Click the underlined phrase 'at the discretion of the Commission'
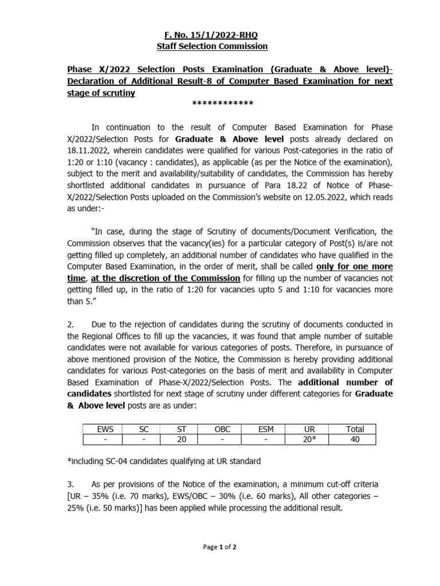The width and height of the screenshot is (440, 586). coord(166,278)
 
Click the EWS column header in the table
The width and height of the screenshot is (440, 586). coord(105,429)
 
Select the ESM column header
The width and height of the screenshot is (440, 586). coord(266,429)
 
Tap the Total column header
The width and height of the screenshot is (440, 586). coord(355,429)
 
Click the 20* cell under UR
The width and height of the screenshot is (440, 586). coord(310,439)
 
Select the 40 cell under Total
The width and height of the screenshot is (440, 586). coord(355,439)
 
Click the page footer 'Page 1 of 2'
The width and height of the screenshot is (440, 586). coord(220,547)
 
